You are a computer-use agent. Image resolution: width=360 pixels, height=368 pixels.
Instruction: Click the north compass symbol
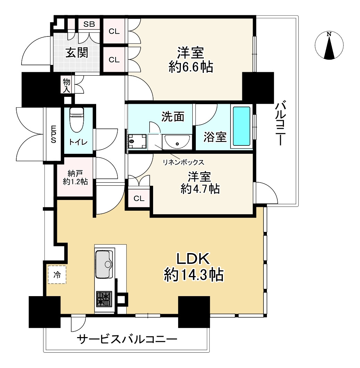(329, 45)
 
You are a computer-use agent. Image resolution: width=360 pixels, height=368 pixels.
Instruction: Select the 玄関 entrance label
(77, 53)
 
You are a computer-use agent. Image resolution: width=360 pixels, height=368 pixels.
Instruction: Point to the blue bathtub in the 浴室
(241, 126)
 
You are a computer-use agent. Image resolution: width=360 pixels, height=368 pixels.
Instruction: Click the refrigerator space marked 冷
(57, 275)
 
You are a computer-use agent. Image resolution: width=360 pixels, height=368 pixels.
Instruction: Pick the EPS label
(53, 134)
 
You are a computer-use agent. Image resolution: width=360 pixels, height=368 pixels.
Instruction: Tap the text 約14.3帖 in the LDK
(193, 275)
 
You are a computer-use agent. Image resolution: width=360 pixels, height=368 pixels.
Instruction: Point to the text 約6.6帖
(191, 66)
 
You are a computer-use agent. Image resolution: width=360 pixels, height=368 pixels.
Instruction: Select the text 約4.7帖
(200, 189)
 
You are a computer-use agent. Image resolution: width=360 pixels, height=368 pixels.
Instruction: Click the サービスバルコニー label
(127, 339)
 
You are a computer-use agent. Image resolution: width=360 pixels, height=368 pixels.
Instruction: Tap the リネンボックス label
(184, 162)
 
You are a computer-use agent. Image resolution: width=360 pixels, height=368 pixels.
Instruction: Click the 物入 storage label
(67, 85)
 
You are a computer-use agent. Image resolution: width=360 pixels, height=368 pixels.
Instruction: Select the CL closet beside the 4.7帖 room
(139, 199)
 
